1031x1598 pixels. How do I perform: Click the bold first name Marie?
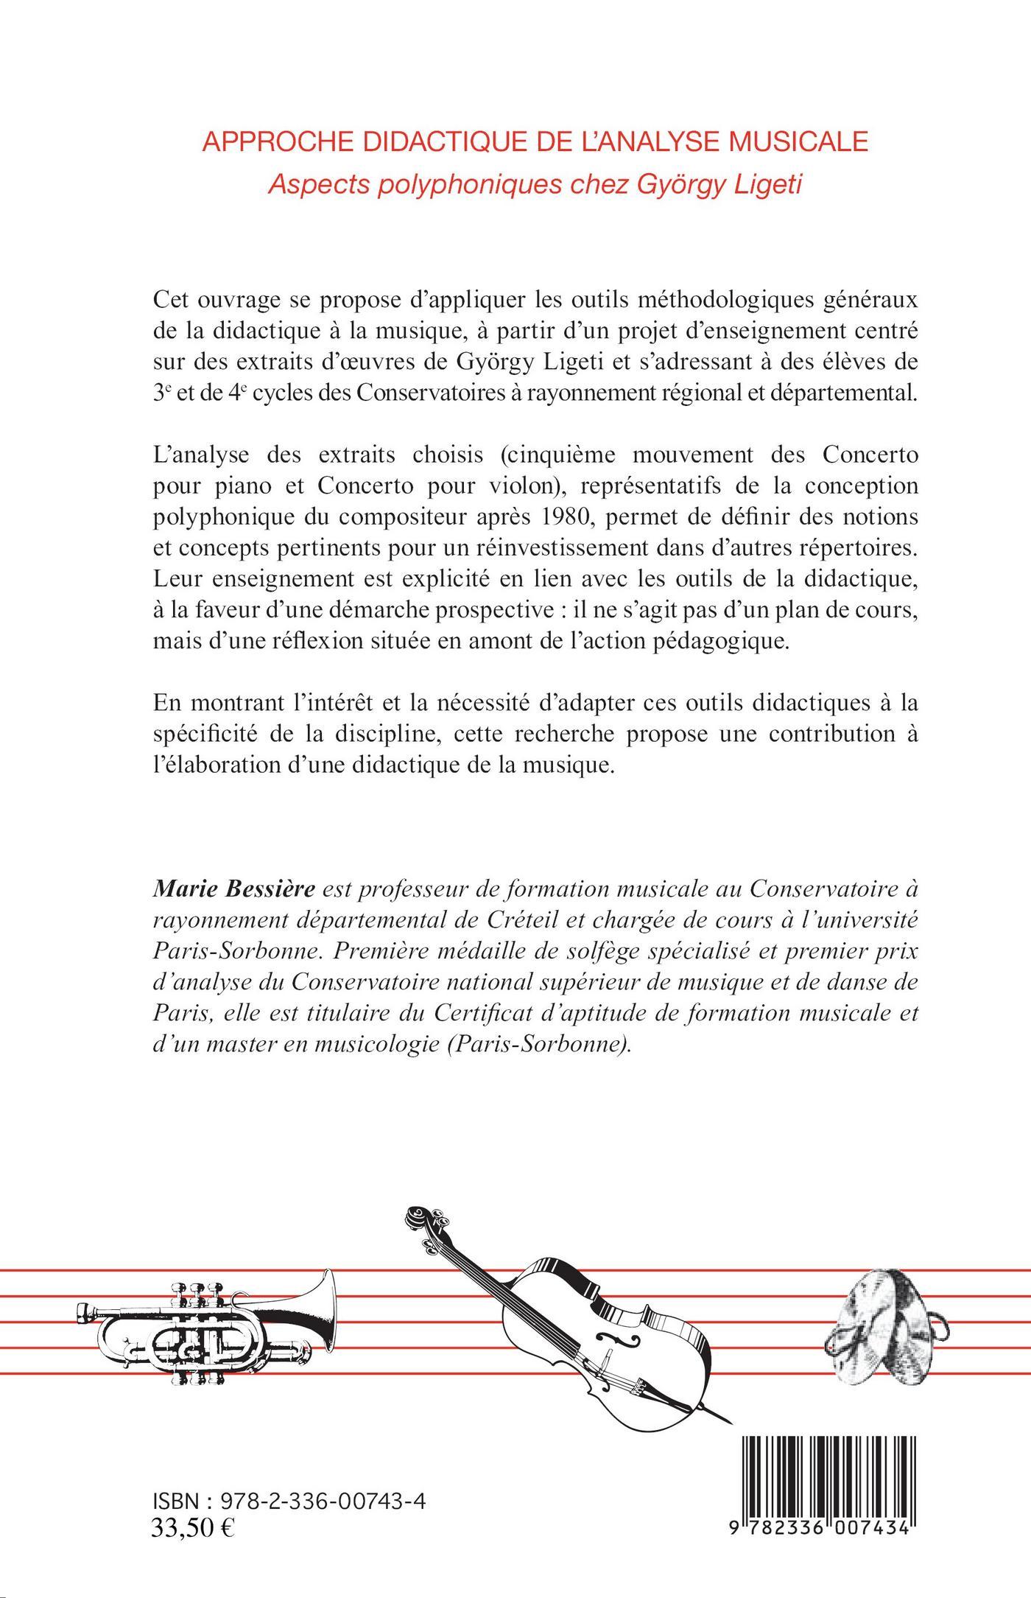180,891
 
